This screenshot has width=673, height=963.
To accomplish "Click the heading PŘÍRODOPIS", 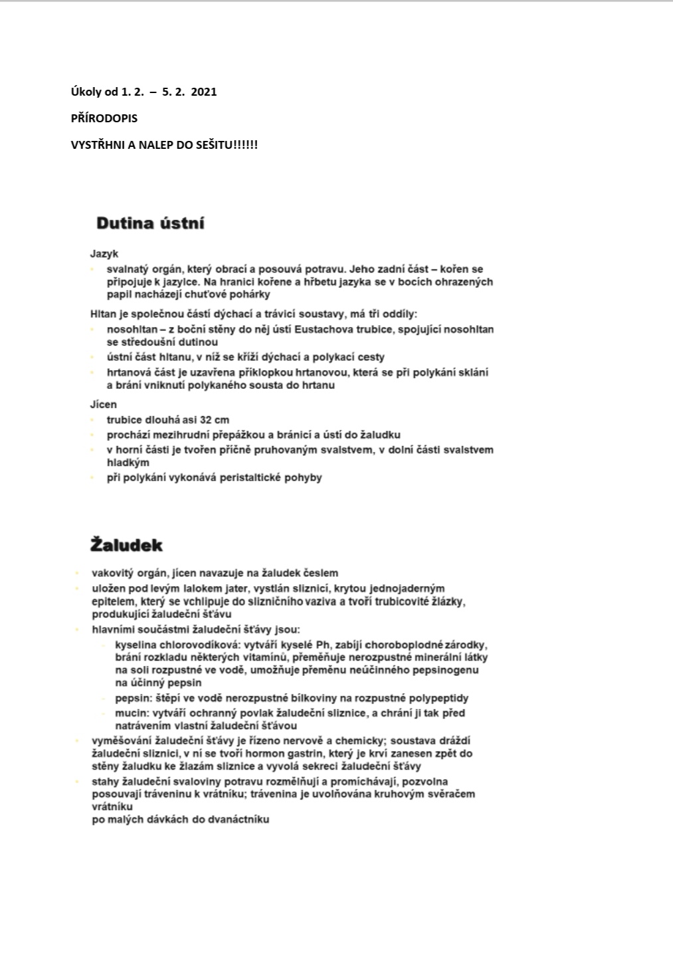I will click(x=104, y=118).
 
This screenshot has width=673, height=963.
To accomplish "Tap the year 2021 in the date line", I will click(x=204, y=92).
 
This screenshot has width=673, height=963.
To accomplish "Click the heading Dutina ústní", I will click(x=150, y=223).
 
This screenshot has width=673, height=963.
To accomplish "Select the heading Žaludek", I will click(x=126, y=546).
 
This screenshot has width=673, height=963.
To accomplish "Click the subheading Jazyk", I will click(x=104, y=254).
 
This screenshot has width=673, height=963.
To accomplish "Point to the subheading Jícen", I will click(x=104, y=404).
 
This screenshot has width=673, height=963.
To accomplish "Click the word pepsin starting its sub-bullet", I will click(x=130, y=698).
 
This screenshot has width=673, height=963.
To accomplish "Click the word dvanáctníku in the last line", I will click(x=240, y=819).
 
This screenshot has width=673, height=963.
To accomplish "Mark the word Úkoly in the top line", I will click(x=86, y=92).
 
